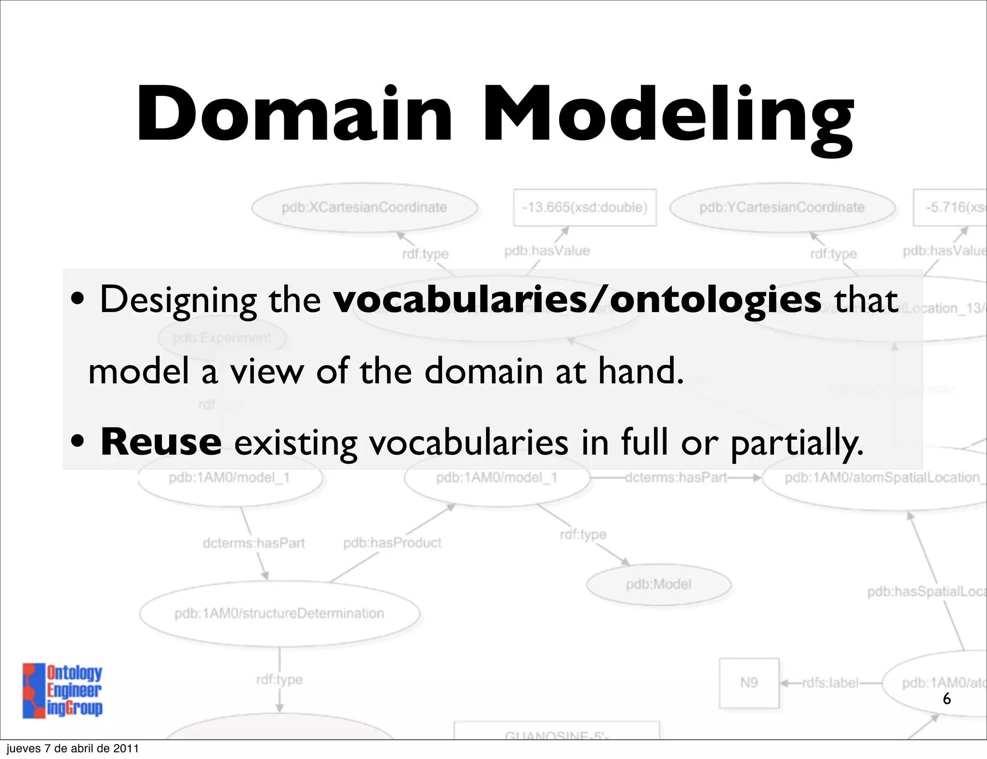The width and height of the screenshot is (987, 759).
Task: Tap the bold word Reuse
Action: (x=160, y=442)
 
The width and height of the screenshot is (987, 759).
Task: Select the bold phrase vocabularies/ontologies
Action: (x=577, y=300)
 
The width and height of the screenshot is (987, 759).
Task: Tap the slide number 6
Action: (x=947, y=698)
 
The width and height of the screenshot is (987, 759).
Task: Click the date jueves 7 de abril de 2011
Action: (x=73, y=748)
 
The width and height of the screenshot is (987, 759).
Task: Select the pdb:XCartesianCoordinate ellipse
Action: (x=364, y=208)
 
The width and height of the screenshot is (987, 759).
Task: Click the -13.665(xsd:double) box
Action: (x=585, y=208)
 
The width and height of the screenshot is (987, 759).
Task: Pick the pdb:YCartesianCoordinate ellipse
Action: (x=782, y=208)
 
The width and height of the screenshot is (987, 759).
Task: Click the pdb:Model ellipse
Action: (x=658, y=584)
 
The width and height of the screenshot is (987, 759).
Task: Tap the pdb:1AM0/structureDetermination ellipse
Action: (x=279, y=614)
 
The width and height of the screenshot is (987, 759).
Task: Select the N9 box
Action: (x=749, y=683)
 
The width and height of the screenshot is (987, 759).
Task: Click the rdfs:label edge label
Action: (x=830, y=683)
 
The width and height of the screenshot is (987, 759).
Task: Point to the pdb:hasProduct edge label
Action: (x=392, y=543)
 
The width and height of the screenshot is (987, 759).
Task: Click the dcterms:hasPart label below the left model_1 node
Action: (x=253, y=543)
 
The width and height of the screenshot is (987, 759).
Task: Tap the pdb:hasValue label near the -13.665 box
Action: (x=547, y=251)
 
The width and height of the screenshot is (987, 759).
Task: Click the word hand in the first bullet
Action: (x=641, y=372)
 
